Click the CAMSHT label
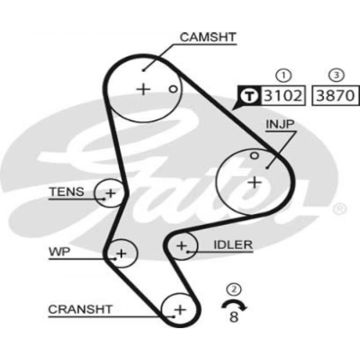(208, 37)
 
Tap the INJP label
(280, 124)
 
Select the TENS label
(67, 192)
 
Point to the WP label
(60, 252)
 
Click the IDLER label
(233, 245)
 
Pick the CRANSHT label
(80, 309)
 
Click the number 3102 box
(283, 96)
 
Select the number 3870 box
(335, 96)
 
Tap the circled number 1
(283, 75)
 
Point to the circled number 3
(336, 75)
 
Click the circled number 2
(233, 289)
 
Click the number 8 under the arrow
(233, 317)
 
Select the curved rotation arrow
(234, 301)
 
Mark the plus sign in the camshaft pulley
(143, 89)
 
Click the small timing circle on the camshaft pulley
(173, 89)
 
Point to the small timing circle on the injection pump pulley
(254, 156)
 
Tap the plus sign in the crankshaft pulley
(181, 310)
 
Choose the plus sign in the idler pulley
(182, 246)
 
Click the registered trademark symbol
(339, 209)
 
